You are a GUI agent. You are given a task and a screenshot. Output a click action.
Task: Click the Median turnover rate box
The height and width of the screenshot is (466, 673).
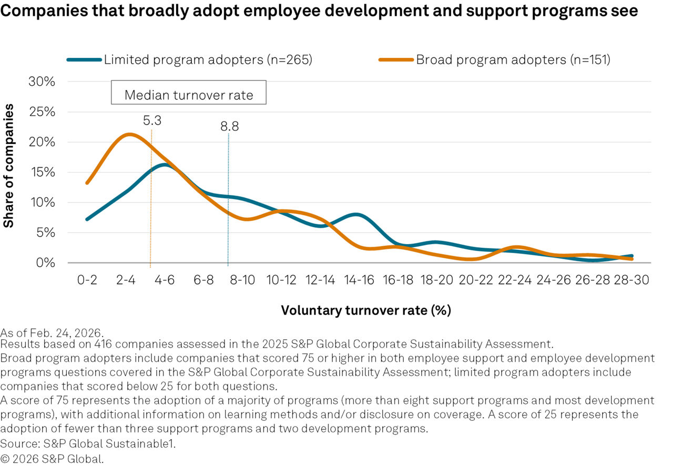click(x=189, y=95)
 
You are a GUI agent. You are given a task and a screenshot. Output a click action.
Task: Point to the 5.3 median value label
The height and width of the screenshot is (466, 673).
click(x=151, y=120)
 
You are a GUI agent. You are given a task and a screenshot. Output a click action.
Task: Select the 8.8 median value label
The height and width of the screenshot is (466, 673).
click(x=229, y=126)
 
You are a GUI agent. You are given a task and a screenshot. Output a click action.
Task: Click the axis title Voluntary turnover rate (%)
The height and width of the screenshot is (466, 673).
click(x=366, y=310)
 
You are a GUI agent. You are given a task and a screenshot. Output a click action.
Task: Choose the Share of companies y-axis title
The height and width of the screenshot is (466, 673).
click(x=9, y=166)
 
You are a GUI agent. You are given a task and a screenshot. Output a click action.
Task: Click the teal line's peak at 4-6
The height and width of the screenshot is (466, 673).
click(x=164, y=165)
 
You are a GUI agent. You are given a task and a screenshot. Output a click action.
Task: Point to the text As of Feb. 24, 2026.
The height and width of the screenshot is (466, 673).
click(x=52, y=333)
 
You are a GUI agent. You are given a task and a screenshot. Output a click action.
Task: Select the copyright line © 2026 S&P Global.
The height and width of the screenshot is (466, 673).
click(x=52, y=458)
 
